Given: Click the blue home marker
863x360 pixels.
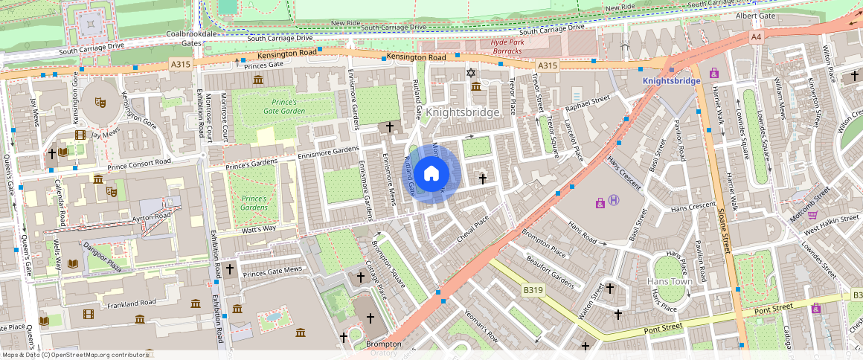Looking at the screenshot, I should [x=431, y=174].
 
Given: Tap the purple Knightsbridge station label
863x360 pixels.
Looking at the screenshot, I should [x=672, y=80].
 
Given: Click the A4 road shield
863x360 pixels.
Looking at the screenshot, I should [x=756, y=36].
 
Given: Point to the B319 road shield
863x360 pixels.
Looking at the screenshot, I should [x=532, y=289].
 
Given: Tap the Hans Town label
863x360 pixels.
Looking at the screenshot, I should [x=670, y=281].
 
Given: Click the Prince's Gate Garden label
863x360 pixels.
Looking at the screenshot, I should [x=278, y=106].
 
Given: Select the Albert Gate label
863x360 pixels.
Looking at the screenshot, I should [x=755, y=16].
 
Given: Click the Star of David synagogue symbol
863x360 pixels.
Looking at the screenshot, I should [x=469, y=72].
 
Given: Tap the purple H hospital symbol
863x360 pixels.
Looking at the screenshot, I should [x=614, y=199].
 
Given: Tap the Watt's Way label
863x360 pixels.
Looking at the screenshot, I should [x=259, y=228].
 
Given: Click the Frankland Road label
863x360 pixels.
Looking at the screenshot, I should [x=131, y=303].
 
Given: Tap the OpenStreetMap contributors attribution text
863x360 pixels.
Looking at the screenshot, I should [x=74, y=355].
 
